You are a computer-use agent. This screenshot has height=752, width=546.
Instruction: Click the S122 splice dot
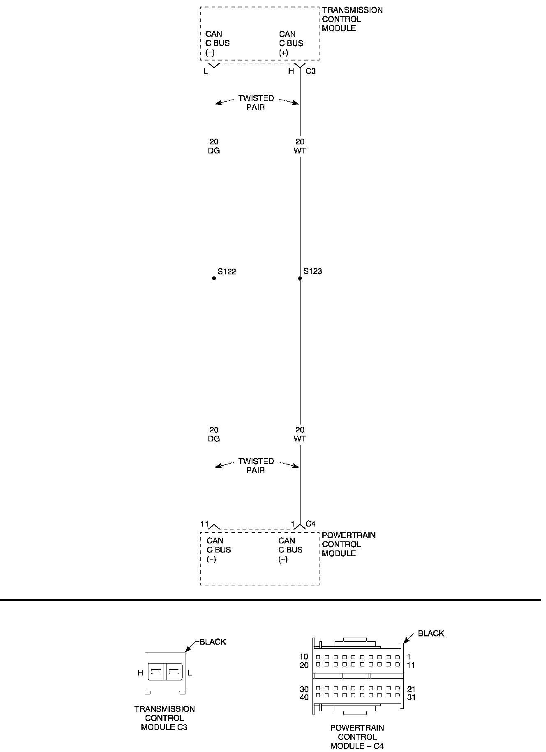(x=214, y=279)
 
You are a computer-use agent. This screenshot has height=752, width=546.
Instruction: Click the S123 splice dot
(x=300, y=279)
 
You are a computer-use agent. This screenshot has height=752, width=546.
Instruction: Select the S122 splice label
(x=227, y=272)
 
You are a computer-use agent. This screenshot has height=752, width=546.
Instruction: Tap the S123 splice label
(x=313, y=272)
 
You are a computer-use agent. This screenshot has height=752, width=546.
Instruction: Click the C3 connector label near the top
(x=310, y=71)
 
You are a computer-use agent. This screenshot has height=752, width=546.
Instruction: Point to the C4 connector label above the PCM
(x=310, y=524)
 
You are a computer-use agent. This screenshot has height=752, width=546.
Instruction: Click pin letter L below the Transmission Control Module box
(x=206, y=71)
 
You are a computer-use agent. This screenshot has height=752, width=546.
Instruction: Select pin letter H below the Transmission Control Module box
(x=291, y=71)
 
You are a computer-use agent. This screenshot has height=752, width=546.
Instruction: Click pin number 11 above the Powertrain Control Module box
(x=205, y=524)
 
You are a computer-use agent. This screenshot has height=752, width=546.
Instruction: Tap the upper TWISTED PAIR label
(x=256, y=103)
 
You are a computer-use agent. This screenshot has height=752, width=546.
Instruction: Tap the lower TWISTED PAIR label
(x=256, y=466)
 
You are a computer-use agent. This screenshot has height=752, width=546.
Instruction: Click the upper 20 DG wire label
(x=214, y=146)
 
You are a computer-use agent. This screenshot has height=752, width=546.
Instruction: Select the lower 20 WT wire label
(x=300, y=434)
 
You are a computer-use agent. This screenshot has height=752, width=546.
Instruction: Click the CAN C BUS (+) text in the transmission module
(x=291, y=43)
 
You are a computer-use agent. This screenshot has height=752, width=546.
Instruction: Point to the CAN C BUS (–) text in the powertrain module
(x=219, y=550)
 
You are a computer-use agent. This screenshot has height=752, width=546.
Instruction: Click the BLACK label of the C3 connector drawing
(x=213, y=642)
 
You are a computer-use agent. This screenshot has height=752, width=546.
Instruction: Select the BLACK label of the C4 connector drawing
(x=431, y=634)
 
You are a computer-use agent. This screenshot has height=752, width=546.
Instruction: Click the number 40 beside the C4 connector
(x=304, y=697)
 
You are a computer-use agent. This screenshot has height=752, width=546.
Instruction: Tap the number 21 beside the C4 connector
(x=411, y=689)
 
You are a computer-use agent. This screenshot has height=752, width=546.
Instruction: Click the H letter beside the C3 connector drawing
(x=140, y=673)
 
